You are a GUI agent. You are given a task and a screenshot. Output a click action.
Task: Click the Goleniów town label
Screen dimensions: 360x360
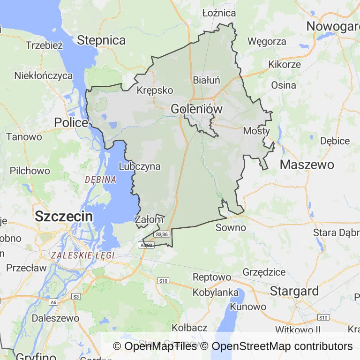196,109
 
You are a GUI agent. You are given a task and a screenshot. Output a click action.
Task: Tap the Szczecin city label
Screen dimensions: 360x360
64,217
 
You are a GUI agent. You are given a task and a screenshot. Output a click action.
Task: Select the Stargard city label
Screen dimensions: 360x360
294,291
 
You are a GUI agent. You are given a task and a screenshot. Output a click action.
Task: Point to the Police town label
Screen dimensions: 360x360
71,122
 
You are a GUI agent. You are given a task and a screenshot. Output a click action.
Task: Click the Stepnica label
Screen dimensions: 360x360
101,40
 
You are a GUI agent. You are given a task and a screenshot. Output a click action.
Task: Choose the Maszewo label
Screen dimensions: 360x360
307,165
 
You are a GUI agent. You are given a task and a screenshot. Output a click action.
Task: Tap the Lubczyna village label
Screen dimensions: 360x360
140,166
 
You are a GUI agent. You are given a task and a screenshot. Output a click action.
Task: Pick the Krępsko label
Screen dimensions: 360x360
155,90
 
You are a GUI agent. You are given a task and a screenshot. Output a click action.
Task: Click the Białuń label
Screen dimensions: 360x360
206,80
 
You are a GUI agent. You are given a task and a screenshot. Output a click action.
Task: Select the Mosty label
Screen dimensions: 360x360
256,131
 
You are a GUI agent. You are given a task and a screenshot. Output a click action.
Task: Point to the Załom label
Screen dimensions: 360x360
149,219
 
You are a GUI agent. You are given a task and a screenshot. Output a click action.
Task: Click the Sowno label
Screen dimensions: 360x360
231,228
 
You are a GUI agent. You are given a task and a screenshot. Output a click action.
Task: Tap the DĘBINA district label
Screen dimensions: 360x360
100,180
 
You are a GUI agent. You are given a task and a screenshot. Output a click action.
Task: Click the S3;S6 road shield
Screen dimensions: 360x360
161,234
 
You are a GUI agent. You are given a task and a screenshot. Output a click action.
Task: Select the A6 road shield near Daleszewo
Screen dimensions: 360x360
53,302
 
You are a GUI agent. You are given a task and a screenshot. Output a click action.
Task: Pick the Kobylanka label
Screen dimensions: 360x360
216,292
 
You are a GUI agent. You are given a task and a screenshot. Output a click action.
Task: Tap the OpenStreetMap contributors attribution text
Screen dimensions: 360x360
282,346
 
